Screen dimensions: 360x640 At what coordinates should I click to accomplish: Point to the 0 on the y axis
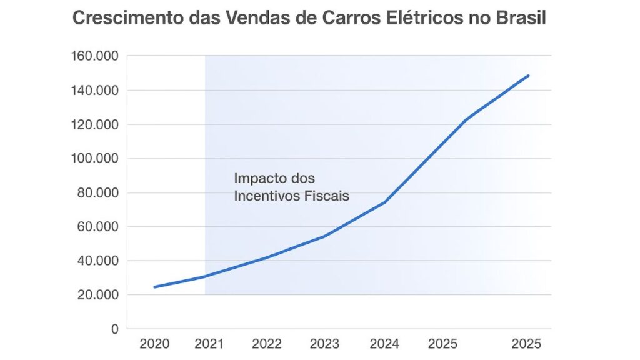pyautogui.click(x=114, y=329)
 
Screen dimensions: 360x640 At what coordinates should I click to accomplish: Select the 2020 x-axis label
pyautogui.click(x=154, y=344)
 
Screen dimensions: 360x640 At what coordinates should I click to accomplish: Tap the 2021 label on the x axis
pyautogui.click(x=211, y=344)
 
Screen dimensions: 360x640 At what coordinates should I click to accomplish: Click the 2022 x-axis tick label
pyautogui.click(x=267, y=344)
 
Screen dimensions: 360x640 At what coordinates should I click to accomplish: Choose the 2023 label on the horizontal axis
pyautogui.click(x=324, y=344)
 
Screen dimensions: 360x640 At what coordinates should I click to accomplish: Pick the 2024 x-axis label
pyautogui.click(x=385, y=344)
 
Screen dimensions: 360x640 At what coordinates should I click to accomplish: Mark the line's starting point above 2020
pyautogui.click(x=154, y=287)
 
